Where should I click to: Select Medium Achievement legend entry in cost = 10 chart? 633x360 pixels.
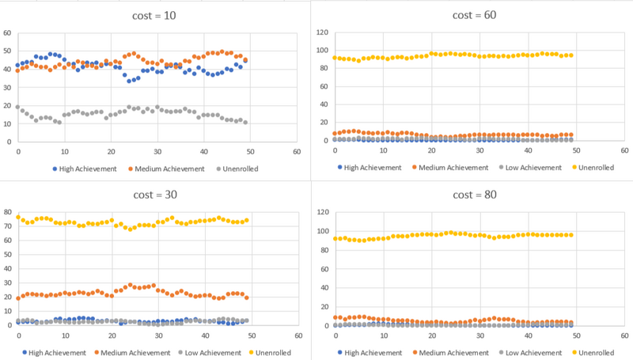coord(161,169)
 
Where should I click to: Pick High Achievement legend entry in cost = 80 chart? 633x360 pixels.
coord(372,352)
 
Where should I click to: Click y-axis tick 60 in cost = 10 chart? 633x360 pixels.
coord(7,32)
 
